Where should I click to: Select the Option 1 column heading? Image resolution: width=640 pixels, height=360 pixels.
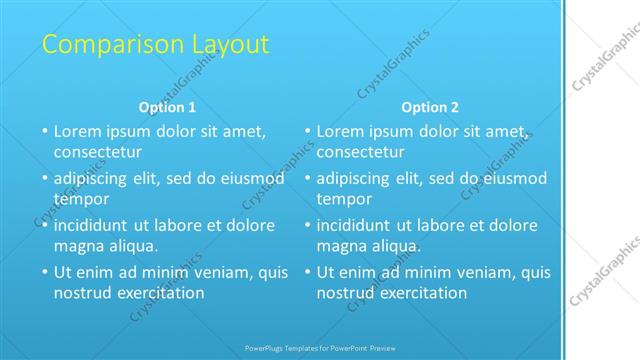[166, 107]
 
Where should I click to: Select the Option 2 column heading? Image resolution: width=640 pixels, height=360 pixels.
[430, 107]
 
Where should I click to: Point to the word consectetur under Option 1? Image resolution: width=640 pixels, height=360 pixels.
[98, 152]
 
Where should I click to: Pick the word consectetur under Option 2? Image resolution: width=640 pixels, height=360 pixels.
[361, 152]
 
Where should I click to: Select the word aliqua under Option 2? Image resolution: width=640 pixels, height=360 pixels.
[395, 246]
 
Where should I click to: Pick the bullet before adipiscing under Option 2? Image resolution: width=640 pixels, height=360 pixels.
[307, 178]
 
